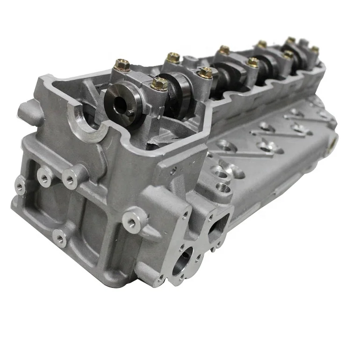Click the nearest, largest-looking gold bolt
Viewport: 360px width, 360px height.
pyautogui.click(x=159, y=84)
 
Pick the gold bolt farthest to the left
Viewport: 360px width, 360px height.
pyautogui.click(x=122, y=65)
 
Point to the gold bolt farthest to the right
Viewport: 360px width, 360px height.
pyautogui.click(x=315, y=49)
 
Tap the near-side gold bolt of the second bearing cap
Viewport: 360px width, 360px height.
pyautogui.click(x=206, y=72)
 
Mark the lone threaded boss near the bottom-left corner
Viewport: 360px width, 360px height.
pyautogui.click(x=59, y=238)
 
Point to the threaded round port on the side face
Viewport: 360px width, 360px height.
pyautogui.click(x=221, y=187)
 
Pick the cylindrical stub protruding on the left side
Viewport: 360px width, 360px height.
pyautogui.click(x=29, y=112)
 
